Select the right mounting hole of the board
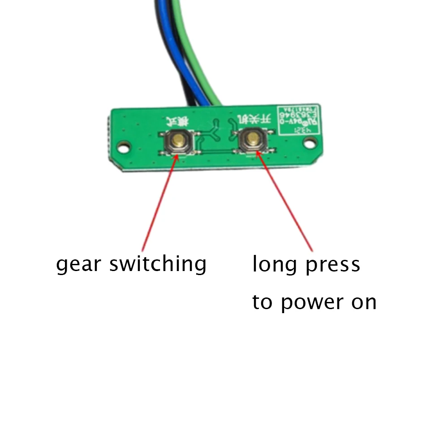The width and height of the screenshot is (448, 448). pyautogui.click(x=309, y=142)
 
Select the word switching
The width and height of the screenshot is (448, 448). pyautogui.click(x=158, y=264)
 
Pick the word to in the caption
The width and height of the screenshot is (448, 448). pyautogui.click(x=263, y=302)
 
